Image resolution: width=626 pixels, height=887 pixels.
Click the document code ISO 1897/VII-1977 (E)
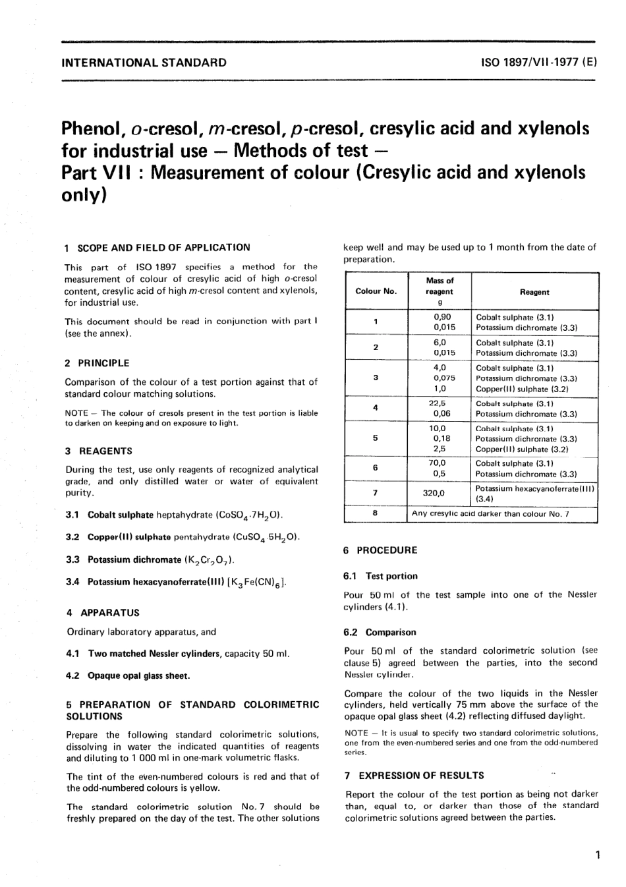pos(539,63)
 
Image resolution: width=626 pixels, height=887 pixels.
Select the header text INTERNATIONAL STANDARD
pos(143,63)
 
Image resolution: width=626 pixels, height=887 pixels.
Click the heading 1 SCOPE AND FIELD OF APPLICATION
pos(157,248)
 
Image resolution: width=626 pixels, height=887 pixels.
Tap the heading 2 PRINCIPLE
pos(97,363)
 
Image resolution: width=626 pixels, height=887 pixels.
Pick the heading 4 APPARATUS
pos(103,613)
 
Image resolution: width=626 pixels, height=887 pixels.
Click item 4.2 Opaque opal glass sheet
pos(128,675)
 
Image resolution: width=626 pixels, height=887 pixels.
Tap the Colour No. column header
pos(376,291)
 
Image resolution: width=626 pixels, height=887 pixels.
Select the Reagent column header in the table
pos(534,292)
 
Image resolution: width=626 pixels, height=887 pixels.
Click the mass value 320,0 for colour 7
pos(434,493)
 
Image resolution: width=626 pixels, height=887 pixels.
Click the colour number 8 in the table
pos(375,513)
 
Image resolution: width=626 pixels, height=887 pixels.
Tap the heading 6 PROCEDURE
pos(380,550)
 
